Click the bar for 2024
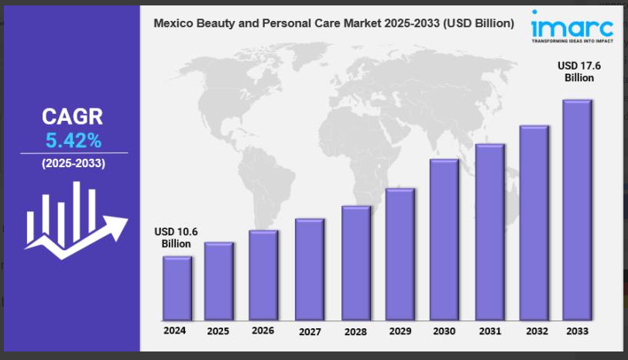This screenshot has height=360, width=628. tap(177, 288)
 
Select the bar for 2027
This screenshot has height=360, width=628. tap(309, 269)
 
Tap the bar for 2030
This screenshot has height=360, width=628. tap(444, 239)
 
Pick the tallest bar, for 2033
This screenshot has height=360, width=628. tap(577, 210)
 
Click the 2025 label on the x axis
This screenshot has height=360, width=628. tap(218, 331)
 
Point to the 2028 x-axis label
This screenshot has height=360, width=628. tap(355, 331)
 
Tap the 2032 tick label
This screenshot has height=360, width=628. tap(534, 331)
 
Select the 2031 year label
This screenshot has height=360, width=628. tap(489, 331)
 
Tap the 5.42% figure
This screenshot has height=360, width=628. tap(72, 140)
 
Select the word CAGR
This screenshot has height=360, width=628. tap(72, 118)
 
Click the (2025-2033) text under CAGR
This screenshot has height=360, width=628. tap(73, 163)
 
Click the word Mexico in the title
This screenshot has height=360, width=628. tap(173, 24)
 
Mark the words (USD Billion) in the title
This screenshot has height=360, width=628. tap(481, 24)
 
